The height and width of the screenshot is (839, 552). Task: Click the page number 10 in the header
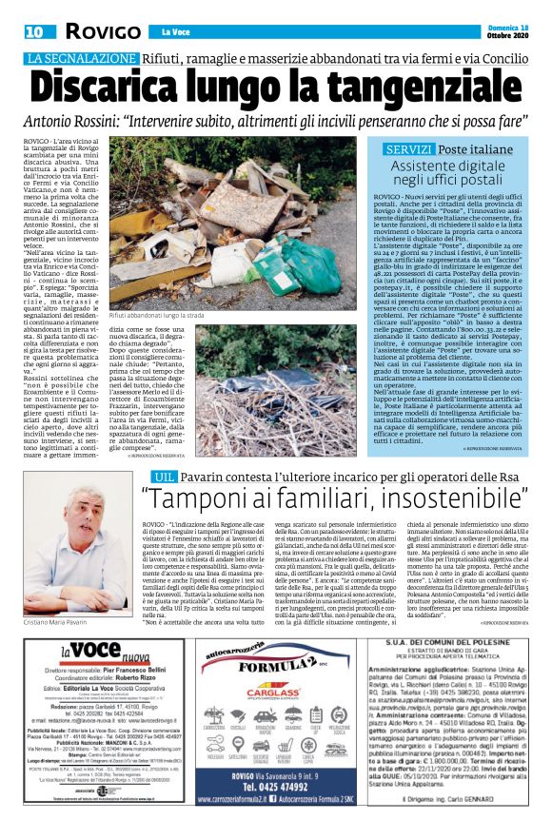(x=34, y=31)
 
